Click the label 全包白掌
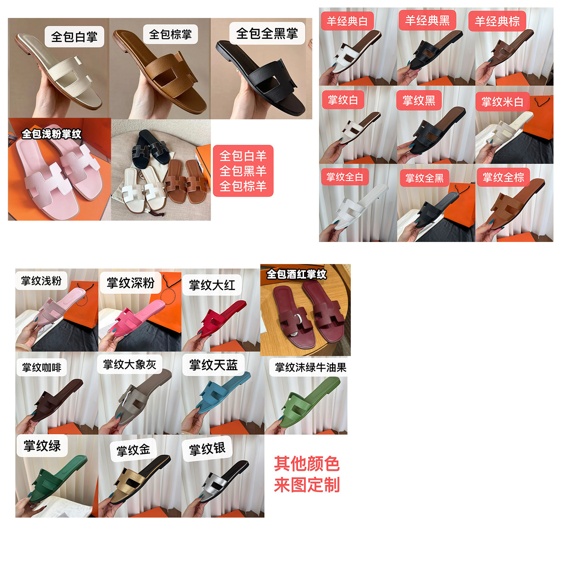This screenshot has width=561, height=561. tap(74, 37)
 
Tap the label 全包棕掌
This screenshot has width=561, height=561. tap(171, 34)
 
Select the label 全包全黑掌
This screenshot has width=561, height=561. tap(267, 33)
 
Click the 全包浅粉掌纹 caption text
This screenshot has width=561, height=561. tap(51, 134)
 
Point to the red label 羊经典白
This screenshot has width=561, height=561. tap(347, 21)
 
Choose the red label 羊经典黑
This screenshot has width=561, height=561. tap(427, 20)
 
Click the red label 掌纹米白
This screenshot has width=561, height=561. tap(502, 102)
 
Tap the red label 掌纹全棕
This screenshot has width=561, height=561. tap(503, 177)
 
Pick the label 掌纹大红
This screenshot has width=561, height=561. tap(212, 285)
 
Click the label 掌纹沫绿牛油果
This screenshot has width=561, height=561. tap(310, 367)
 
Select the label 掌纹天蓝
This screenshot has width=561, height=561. tap(214, 365)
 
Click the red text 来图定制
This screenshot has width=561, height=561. tap(307, 485)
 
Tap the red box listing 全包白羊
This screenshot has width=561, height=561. tap(243, 171)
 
